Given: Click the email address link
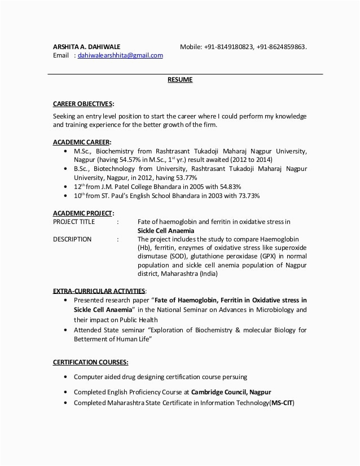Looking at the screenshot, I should pos(120,55).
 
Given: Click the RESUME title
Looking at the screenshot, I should pos(180,80).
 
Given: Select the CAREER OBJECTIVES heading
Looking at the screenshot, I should pos(83,104).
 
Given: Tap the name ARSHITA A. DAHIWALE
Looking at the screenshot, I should pos(86,46).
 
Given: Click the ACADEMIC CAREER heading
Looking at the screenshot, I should pos(82,142).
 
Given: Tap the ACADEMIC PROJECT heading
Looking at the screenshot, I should pos(83,213).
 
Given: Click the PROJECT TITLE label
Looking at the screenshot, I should pos(74,222).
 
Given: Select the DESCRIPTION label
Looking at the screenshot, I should pos(72,239).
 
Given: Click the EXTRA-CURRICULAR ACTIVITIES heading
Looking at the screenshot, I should pos(99,291).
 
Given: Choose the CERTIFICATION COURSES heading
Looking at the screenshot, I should pos(90,362).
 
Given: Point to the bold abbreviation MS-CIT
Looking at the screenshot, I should pos(282,403).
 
